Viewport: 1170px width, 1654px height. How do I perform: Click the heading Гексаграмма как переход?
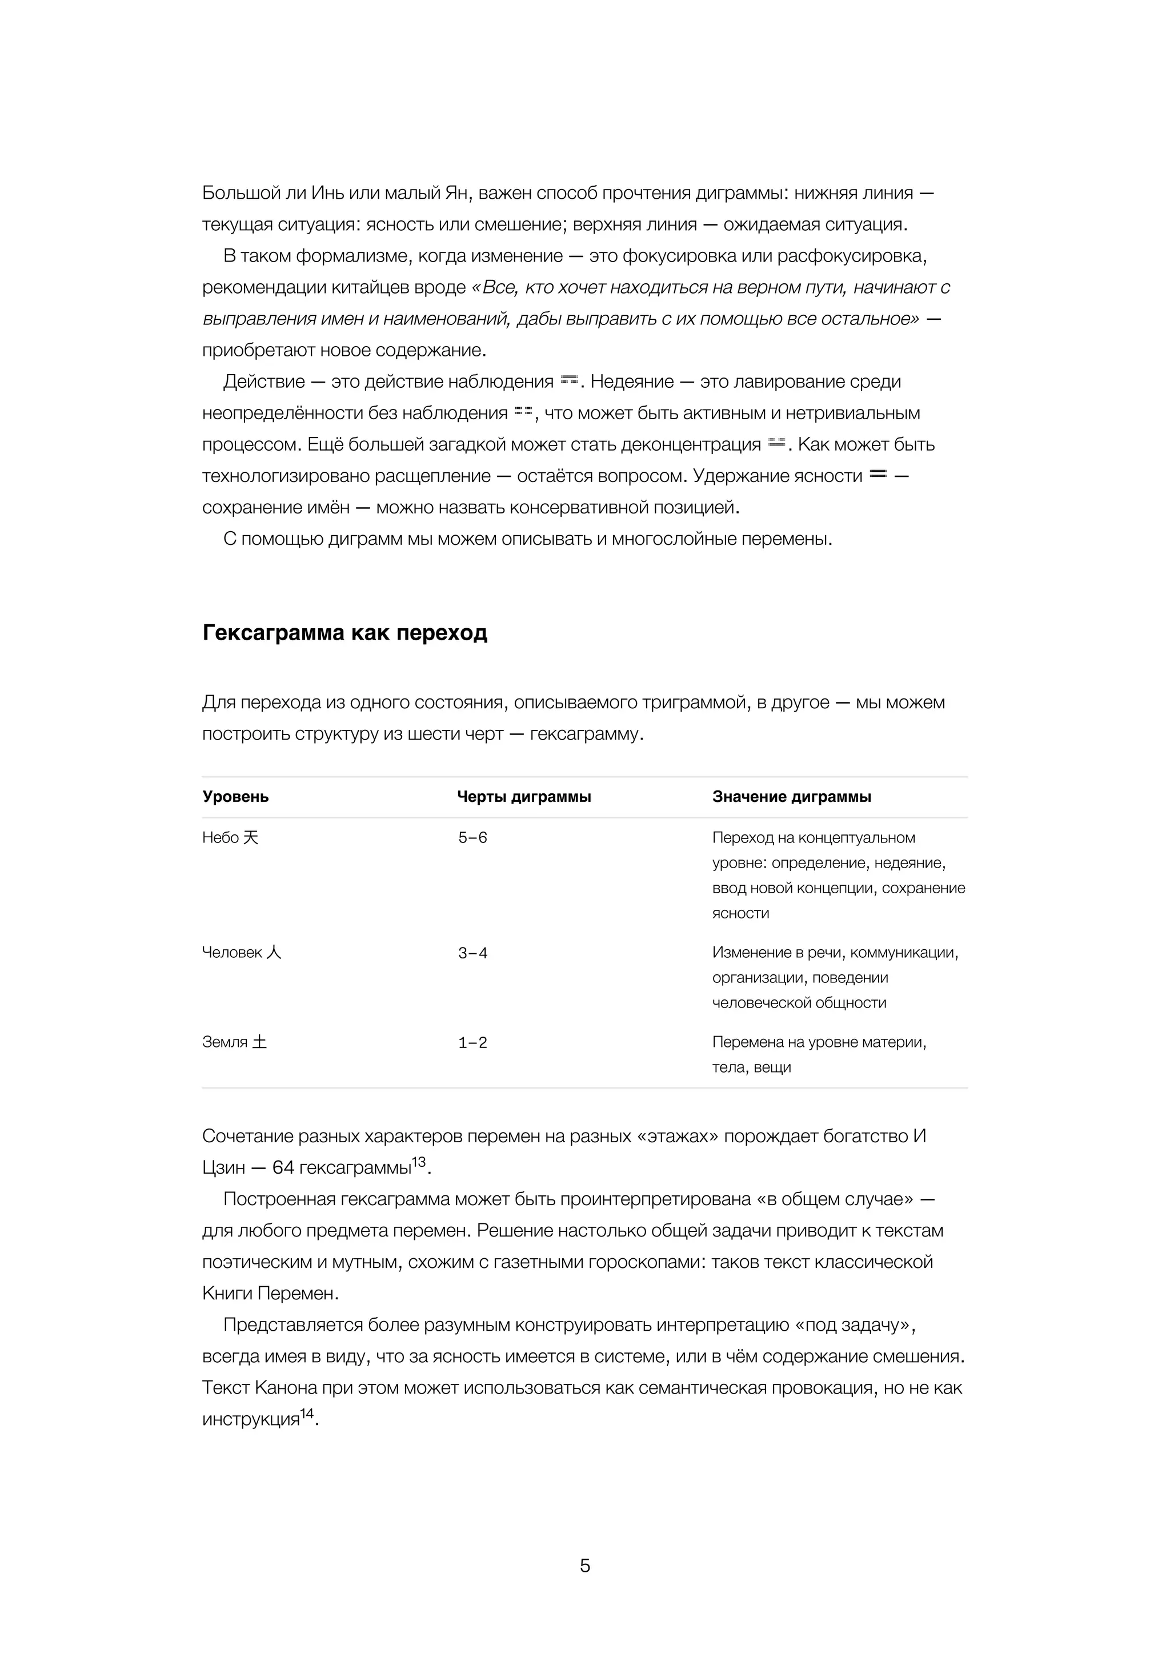pyautogui.click(x=344, y=632)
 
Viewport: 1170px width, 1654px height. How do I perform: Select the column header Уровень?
pyautogui.click(x=235, y=797)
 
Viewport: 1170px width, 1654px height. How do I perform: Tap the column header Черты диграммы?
pyautogui.click(x=524, y=797)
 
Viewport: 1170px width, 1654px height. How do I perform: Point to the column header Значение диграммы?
pyautogui.click(x=791, y=797)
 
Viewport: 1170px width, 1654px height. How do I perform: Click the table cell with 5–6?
pyautogui.click(x=472, y=838)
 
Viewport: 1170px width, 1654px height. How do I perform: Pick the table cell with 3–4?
pyautogui.click(x=472, y=953)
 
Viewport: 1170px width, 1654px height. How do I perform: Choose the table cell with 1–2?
pyautogui.click(x=472, y=1042)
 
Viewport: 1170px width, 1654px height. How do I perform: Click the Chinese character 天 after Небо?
pyautogui.click(x=251, y=837)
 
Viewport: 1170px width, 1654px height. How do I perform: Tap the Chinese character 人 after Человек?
pyautogui.click(x=274, y=952)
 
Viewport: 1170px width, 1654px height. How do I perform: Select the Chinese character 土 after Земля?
pyautogui.click(x=259, y=1042)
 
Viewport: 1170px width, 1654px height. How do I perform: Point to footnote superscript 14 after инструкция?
pyautogui.click(x=307, y=1414)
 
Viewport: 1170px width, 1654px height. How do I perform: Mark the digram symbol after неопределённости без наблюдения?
pyautogui.click(x=523, y=411)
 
